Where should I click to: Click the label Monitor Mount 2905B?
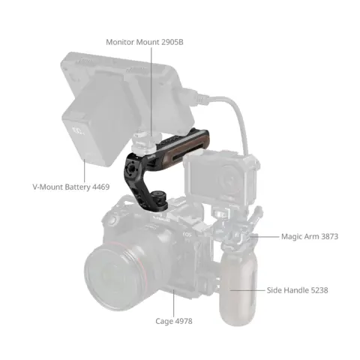(145, 42)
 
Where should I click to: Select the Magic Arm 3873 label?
(310, 236)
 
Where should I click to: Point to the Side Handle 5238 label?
(298, 289)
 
